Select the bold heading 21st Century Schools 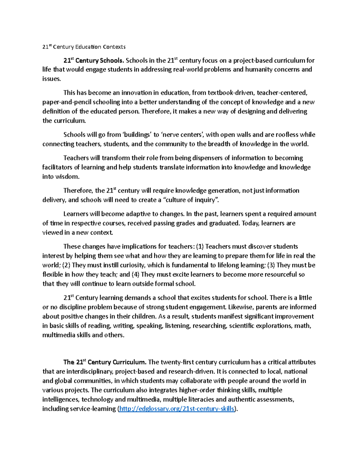[94, 61]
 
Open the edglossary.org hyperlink [176, 409]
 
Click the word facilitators [57, 167]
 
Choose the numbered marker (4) [136, 275]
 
